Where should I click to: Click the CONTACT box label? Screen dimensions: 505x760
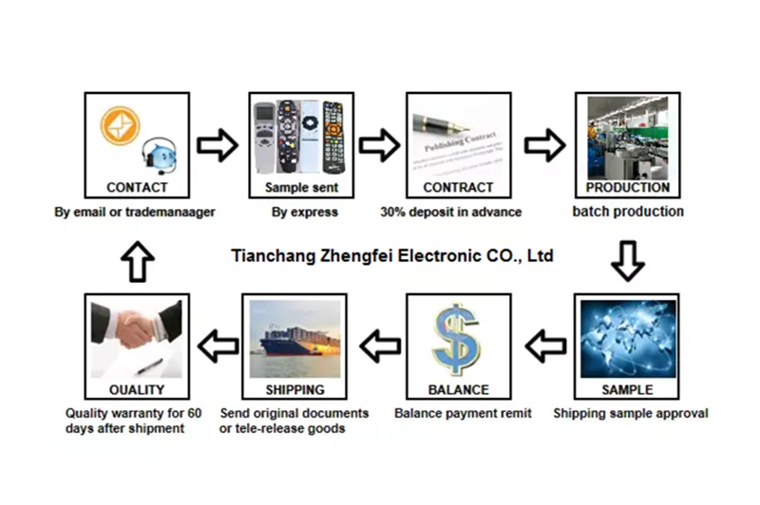137,188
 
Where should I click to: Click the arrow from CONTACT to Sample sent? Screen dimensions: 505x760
218,145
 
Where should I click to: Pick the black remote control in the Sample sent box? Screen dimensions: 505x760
332,138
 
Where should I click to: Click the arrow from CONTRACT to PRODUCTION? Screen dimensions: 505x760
544,145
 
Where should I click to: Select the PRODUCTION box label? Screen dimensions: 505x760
627,188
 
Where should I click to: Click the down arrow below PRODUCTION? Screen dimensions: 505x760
627,260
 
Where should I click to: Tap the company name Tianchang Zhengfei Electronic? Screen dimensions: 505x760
392,256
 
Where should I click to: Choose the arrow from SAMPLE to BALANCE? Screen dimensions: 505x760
544,346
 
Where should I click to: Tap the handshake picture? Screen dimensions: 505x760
136,332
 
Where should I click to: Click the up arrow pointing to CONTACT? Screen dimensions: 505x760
137,260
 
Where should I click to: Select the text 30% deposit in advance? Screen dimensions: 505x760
450,212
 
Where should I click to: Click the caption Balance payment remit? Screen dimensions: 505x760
463,413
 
